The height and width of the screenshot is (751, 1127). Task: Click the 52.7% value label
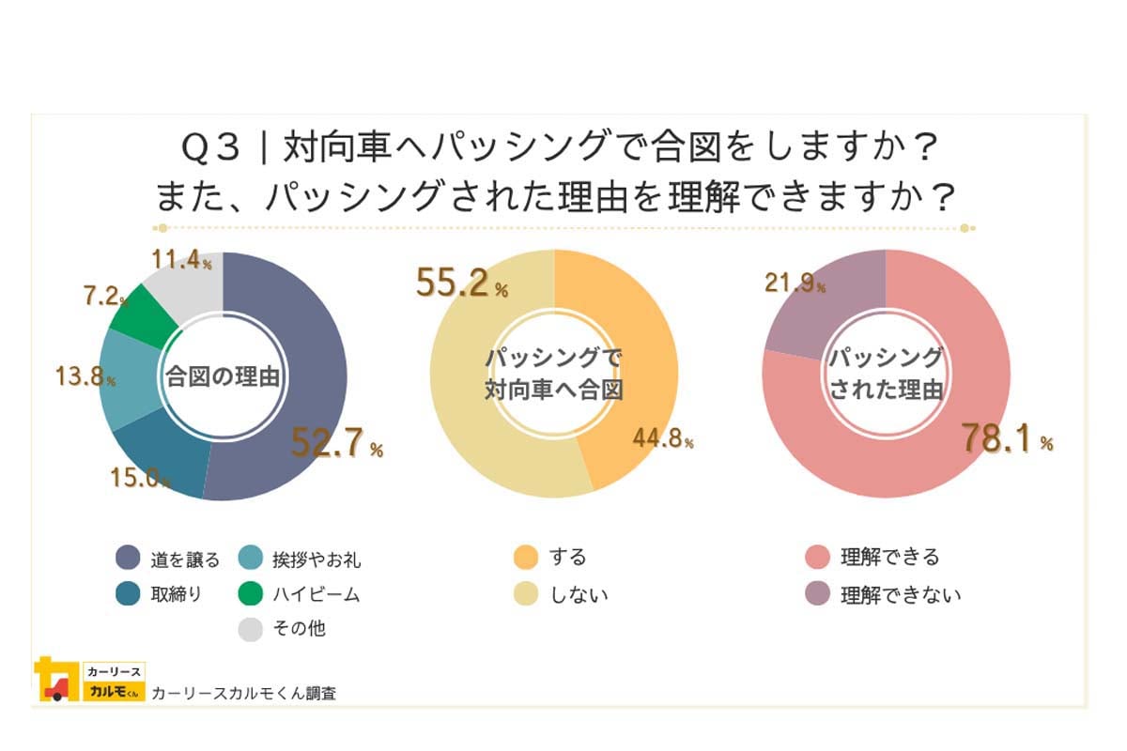point(336,444)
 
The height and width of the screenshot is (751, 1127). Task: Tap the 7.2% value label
point(104,298)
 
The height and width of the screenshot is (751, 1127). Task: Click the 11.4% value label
point(181,261)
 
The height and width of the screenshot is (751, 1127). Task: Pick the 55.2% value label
point(461,284)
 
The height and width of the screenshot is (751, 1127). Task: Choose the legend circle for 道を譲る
point(128,559)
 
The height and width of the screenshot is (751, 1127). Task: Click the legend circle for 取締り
point(128,594)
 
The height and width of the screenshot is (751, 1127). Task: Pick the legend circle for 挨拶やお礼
point(251,559)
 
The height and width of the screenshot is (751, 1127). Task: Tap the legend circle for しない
point(526,594)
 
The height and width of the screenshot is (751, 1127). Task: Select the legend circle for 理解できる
point(818,558)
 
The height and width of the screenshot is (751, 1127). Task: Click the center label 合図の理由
point(223,376)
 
